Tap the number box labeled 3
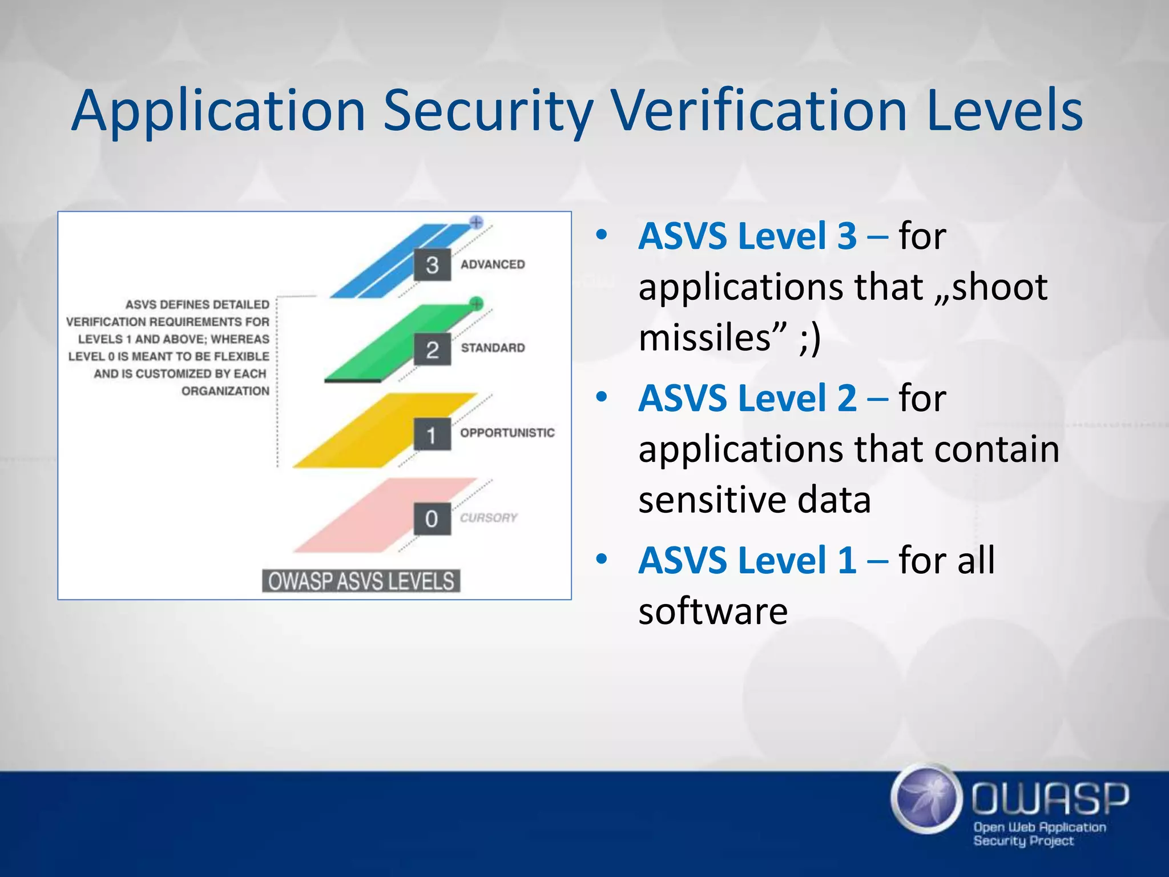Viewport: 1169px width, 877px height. (x=432, y=265)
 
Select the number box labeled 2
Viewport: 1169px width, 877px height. (x=432, y=349)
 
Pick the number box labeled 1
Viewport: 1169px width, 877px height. (x=432, y=435)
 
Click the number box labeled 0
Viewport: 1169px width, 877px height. (x=432, y=518)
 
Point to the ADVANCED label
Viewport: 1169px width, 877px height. (x=493, y=264)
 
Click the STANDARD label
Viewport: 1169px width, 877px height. (x=493, y=348)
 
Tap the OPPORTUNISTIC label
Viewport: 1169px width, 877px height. (x=507, y=433)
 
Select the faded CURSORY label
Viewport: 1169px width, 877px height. (x=489, y=518)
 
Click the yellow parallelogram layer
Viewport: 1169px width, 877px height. (x=365, y=434)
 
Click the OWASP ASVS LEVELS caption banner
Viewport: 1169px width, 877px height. (x=361, y=581)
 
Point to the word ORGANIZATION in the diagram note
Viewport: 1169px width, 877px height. (x=225, y=391)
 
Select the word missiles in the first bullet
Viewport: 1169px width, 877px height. (x=704, y=337)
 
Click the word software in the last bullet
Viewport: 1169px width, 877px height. (x=713, y=611)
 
